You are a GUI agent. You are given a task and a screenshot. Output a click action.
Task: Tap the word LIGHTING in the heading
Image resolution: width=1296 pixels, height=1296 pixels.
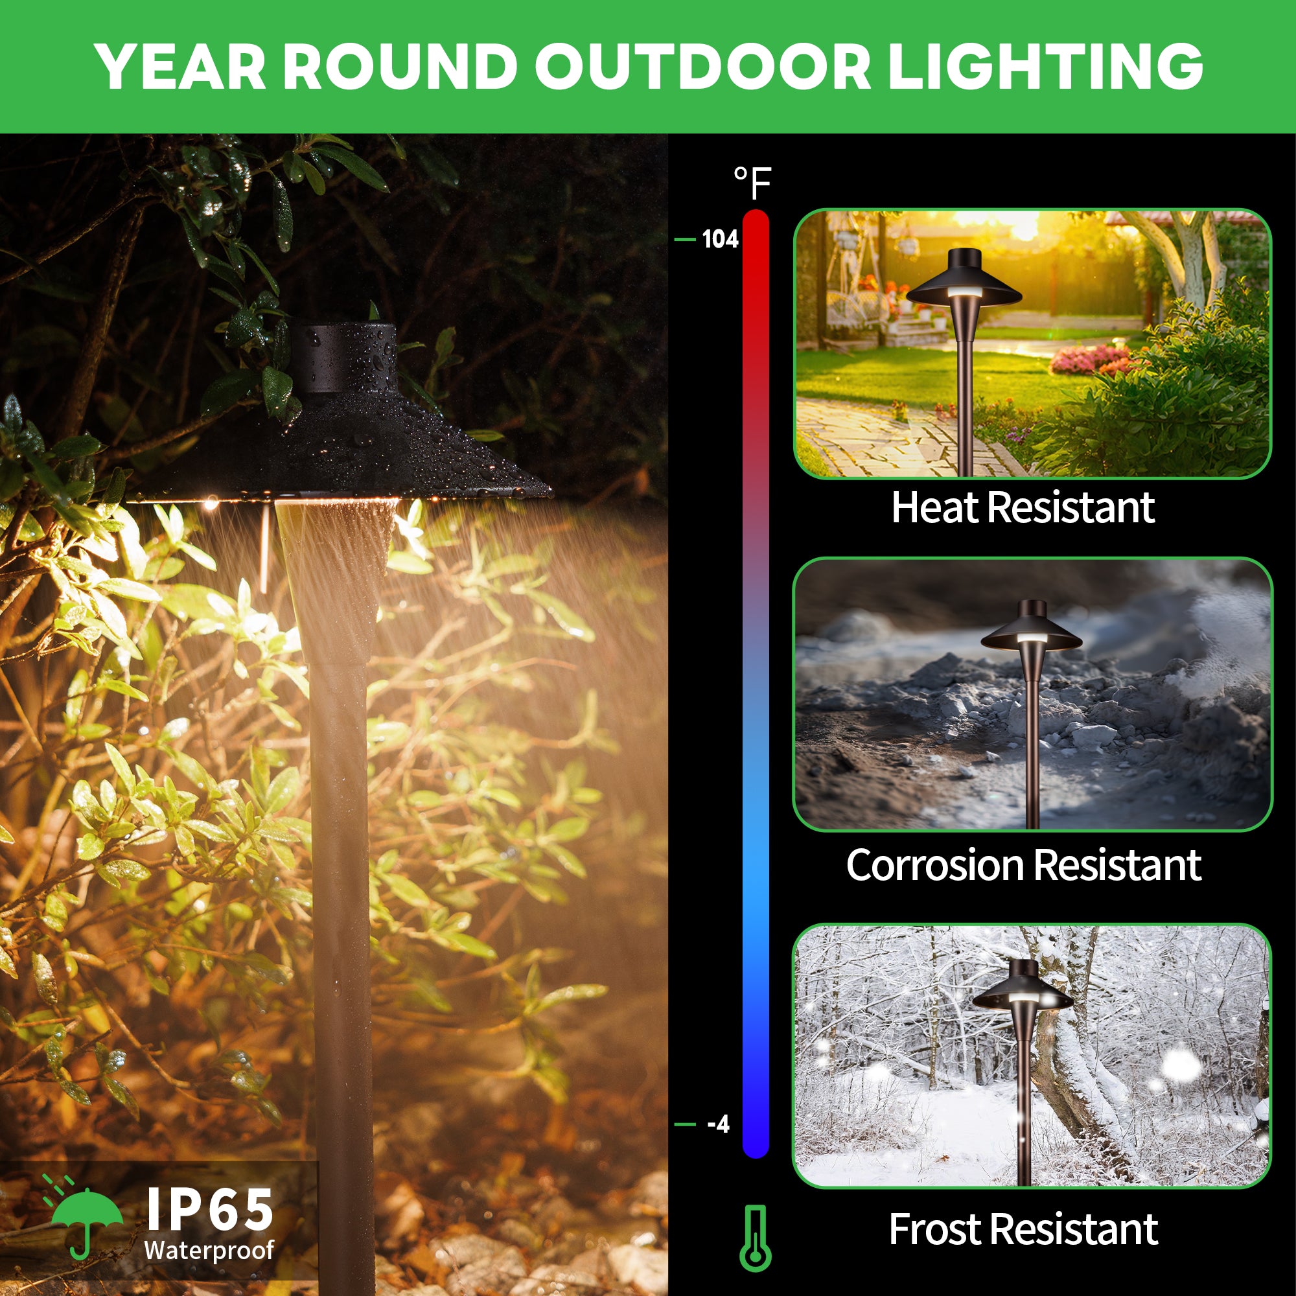1045,65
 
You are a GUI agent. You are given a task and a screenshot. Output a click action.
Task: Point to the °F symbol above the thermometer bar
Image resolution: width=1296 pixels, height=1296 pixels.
752,183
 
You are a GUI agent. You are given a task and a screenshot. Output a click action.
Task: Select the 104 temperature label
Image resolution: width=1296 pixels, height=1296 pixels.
720,239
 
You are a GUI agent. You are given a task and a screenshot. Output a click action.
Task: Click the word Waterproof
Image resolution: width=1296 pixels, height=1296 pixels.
209,1249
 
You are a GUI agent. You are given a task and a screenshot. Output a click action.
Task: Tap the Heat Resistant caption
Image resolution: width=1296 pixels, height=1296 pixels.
1023,507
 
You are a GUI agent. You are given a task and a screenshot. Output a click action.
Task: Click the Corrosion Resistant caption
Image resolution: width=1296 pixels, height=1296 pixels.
1024,864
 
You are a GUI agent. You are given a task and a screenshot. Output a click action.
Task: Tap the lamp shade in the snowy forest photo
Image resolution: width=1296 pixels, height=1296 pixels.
1023,985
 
